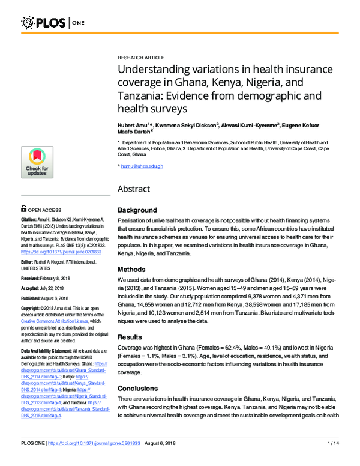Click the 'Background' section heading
click(137, 210)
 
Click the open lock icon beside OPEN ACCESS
click(23, 210)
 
